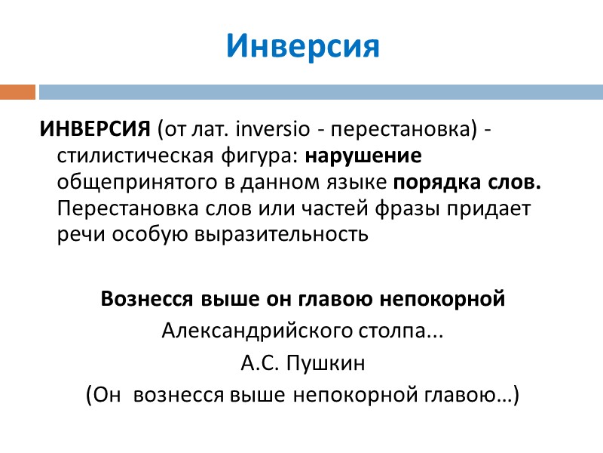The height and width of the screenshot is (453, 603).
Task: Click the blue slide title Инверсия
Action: [x=302, y=47]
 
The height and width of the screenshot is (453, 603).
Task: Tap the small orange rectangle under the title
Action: [x=17, y=92]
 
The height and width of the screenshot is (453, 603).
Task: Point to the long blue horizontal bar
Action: [x=320, y=92]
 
